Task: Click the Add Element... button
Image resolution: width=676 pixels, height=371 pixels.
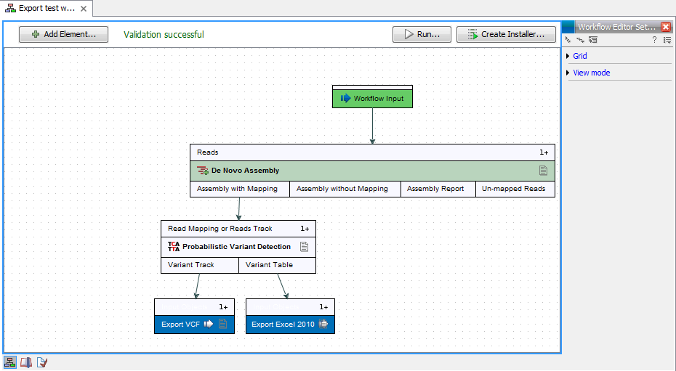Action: pos(63,34)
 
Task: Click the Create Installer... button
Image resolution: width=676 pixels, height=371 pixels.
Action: pos(506,34)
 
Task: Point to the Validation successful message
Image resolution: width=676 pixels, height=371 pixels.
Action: pos(164,34)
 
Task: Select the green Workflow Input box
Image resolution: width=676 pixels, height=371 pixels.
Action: pos(372,99)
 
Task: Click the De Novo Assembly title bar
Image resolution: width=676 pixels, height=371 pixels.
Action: pos(372,171)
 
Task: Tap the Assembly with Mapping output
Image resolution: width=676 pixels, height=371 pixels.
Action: pos(238,189)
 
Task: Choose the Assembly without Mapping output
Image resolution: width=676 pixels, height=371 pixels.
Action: pos(342,189)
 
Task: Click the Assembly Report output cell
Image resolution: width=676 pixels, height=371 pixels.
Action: pos(435,189)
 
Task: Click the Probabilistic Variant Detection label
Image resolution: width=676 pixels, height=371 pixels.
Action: pos(236,247)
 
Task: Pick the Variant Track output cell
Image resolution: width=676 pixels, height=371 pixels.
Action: pos(191,265)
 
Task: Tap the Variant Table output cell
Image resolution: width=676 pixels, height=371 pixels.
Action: pos(270,265)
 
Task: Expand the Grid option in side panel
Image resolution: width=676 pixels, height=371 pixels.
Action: pos(579,56)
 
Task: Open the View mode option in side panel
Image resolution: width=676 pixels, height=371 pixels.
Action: pos(591,73)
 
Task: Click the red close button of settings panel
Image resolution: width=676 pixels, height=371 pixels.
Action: pos(666,27)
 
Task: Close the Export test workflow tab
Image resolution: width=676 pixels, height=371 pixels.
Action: pos(84,9)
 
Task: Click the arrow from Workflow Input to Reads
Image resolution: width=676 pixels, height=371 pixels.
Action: pos(372,126)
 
